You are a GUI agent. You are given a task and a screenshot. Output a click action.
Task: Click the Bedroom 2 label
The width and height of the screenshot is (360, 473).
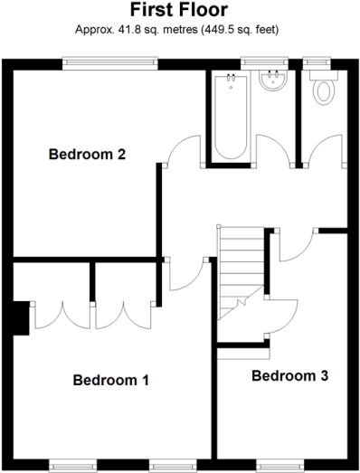tap(87, 154)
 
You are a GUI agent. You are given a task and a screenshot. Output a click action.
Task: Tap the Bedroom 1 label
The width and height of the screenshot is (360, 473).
tap(111, 380)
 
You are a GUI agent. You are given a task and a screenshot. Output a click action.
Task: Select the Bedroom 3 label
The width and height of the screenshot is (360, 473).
tap(290, 376)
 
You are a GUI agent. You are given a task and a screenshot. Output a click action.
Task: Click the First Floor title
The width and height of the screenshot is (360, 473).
tap(179, 10)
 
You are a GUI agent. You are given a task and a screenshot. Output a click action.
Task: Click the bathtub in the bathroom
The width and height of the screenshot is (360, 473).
tap(231, 117)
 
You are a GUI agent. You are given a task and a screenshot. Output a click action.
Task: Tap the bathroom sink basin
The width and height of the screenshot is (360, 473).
tap(273, 80)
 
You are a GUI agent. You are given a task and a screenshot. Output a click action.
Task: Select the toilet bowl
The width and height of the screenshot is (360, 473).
tap(324, 93)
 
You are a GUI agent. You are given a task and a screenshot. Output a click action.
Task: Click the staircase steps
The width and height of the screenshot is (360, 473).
tap(242, 271)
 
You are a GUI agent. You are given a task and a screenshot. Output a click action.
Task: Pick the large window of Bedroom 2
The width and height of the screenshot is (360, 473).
tap(110, 62)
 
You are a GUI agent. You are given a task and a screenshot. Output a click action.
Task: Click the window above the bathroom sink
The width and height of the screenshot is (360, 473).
tap(264, 62)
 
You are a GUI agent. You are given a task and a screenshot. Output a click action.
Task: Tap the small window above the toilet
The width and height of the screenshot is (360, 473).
tap(317, 62)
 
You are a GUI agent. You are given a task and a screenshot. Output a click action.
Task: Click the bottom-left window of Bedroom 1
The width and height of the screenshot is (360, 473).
tap(72, 466)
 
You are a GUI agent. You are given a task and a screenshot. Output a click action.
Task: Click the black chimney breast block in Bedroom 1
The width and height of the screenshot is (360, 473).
tap(21, 318)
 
